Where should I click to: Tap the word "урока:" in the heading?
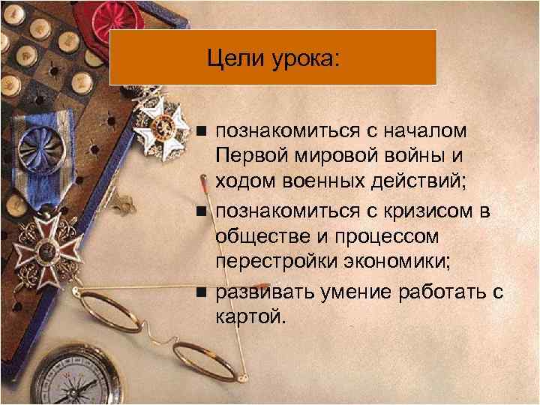[x=304, y=58]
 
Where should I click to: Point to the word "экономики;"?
[x=397, y=263]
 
